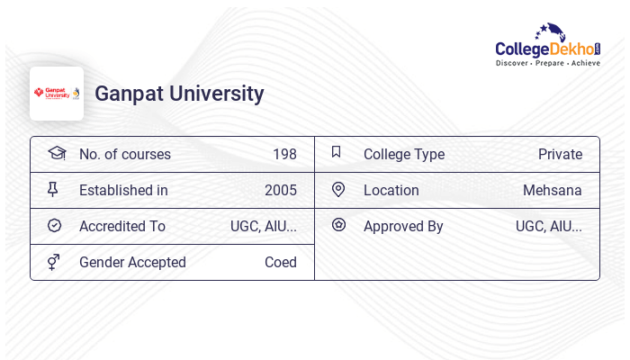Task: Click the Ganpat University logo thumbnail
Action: tap(57, 94)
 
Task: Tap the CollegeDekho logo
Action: tap(547, 46)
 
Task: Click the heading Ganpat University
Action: tap(179, 94)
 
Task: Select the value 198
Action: tap(284, 154)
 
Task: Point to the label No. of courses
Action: tap(124, 154)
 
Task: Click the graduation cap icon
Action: tap(57, 153)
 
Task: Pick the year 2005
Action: tap(281, 190)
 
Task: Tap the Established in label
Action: tap(123, 190)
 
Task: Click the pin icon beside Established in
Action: tap(53, 189)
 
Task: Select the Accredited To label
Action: tap(122, 226)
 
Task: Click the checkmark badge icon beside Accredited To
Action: tap(54, 225)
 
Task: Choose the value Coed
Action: tap(281, 262)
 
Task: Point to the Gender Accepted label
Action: tap(132, 262)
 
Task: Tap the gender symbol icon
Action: tap(54, 262)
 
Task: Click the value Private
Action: tap(560, 154)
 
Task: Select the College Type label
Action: tap(404, 154)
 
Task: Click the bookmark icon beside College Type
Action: tap(337, 152)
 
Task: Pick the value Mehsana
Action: tap(553, 190)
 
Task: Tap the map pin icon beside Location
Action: tap(338, 189)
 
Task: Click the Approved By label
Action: tap(403, 226)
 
